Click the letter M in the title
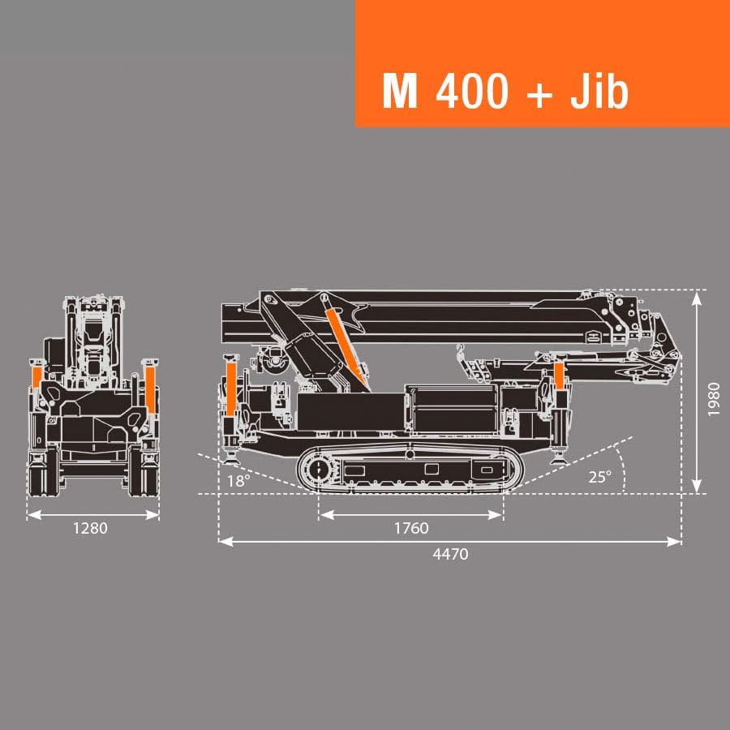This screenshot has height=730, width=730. point(400,92)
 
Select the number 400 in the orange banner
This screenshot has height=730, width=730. point(472,92)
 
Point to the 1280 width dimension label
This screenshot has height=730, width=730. point(90,528)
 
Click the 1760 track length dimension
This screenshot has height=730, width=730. point(411,528)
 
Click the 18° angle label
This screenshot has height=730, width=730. point(238,479)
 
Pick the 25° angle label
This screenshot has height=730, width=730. point(599,477)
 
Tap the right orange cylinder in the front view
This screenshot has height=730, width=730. point(151,388)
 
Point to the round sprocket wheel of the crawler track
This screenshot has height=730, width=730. point(317,470)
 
